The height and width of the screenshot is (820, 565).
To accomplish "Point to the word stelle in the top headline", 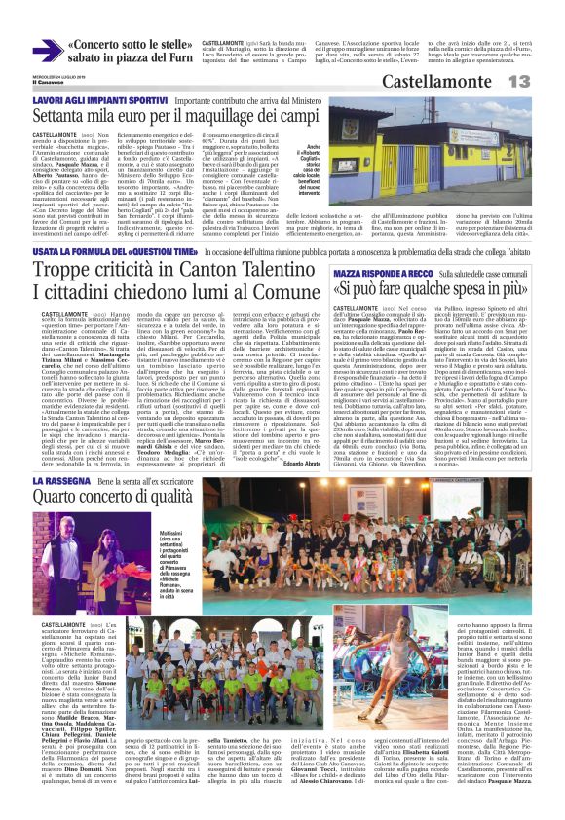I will pos(146,43).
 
